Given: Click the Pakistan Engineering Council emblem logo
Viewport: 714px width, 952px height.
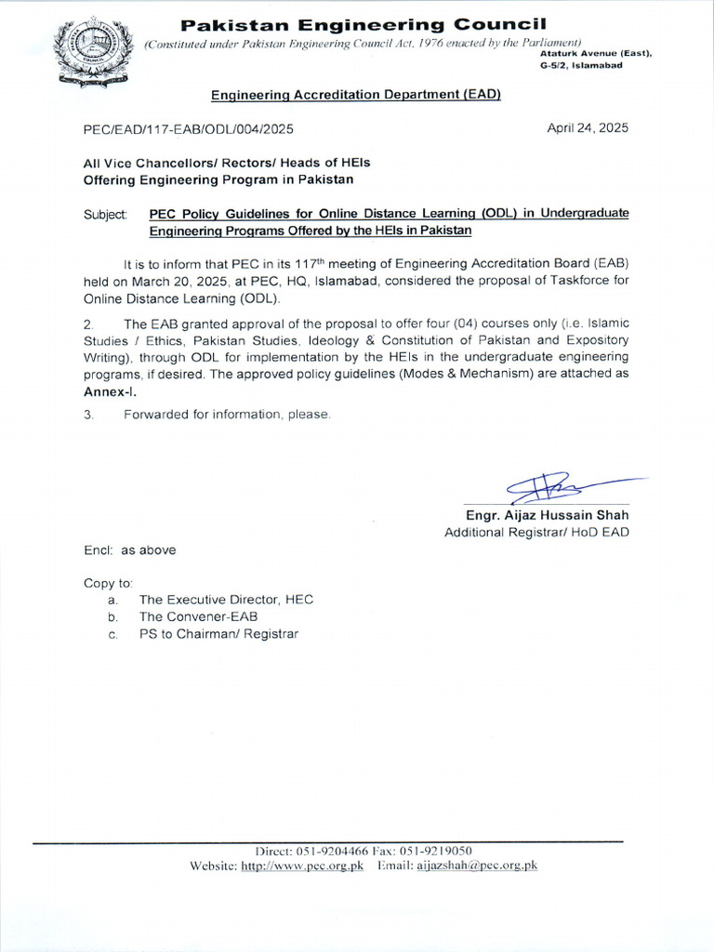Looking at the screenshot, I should click(x=92, y=52).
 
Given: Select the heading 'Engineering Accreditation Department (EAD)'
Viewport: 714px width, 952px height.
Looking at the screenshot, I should click(x=356, y=95).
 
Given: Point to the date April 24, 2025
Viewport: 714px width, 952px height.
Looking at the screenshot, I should click(x=587, y=128).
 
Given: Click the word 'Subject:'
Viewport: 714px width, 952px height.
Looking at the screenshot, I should click(x=105, y=214).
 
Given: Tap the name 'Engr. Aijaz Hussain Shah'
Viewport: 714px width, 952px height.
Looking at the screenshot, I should click(x=547, y=515).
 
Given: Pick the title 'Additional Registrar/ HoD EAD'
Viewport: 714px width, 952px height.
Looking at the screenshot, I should click(x=536, y=532).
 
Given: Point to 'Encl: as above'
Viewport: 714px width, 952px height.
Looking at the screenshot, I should click(x=129, y=549).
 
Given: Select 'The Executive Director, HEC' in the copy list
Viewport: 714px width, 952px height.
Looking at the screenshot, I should click(x=226, y=600).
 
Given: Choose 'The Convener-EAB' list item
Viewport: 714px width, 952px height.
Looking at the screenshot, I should click(x=198, y=616).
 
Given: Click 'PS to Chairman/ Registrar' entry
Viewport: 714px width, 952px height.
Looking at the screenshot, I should click(x=218, y=634).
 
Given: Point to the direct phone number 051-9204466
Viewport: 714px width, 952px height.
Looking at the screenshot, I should click(x=332, y=851).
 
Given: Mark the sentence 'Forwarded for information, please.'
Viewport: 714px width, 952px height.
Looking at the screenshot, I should click(x=227, y=415).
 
